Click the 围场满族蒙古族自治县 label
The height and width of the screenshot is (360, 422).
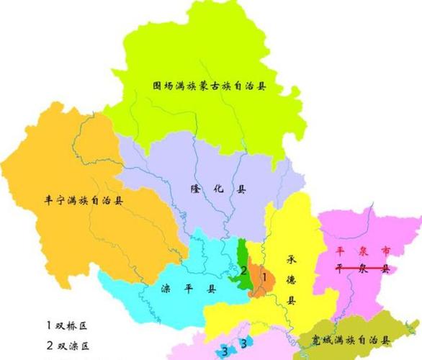point(210,85)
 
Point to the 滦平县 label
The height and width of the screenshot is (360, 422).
point(185,289)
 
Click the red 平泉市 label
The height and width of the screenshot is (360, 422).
point(363,251)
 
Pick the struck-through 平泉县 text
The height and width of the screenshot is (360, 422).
point(363,268)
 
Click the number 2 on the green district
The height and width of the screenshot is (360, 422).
point(244,271)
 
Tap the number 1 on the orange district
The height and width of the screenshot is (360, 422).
point(264,276)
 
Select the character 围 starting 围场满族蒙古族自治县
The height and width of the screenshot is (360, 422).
point(157,85)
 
